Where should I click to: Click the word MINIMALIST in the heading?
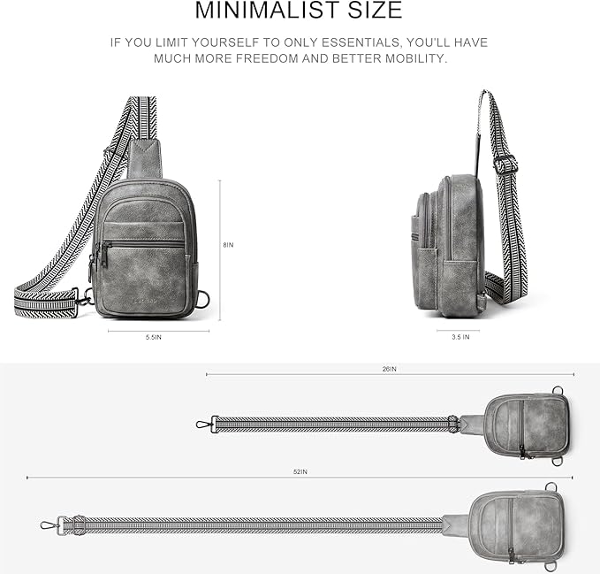coord(269,10)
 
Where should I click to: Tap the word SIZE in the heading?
coord(375,10)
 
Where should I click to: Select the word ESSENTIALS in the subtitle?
coord(361,42)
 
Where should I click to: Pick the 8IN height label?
coord(229,245)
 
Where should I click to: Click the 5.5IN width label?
coord(154,337)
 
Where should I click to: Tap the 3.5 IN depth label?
coord(460,337)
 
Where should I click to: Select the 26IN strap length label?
coord(390,369)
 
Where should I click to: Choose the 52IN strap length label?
coord(300,471)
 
